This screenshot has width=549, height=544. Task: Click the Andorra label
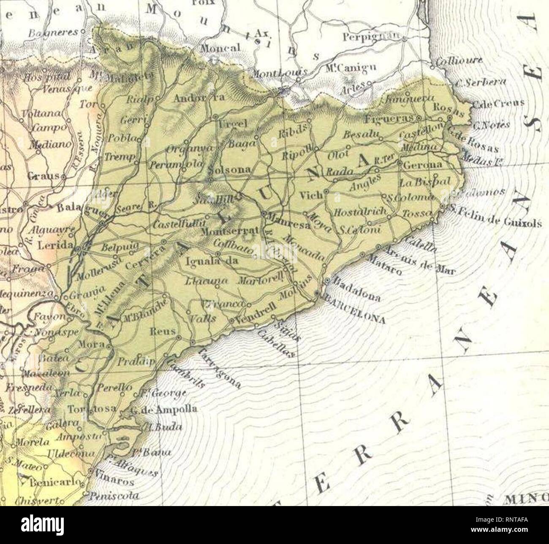[x=194, y=98]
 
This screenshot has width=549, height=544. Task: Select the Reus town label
[x=163, y=332]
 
